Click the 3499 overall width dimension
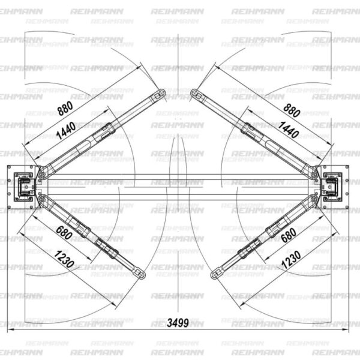coord(178,323)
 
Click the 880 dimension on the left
coord(65,108)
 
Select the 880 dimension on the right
coord(292,110)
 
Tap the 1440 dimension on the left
coord(66,131)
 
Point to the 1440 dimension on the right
coord(289,130)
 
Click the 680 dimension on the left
coord(64,233)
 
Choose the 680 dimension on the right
coord(289,235)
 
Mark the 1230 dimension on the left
coord(64,259)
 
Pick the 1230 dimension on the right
coord(291,259)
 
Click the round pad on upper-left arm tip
coord(162,93)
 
